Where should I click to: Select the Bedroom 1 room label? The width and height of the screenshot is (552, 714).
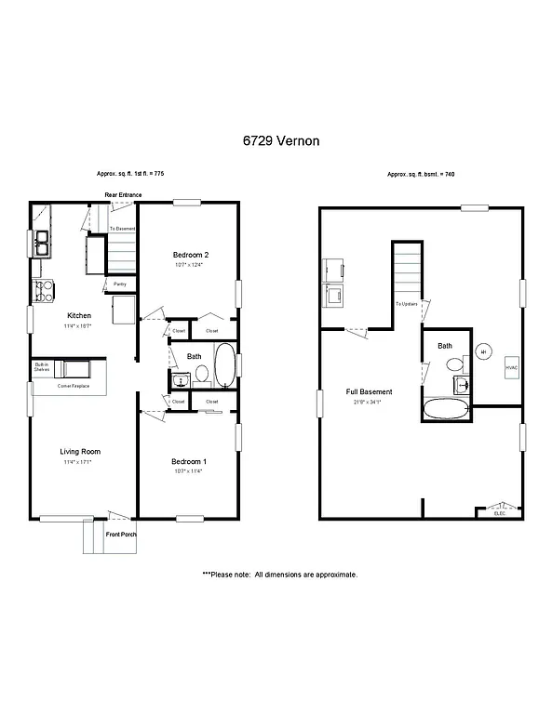(x=189, y=462)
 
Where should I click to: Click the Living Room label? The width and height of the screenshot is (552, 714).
(x=80, y=452)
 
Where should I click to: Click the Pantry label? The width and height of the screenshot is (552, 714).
(x=120, y=284)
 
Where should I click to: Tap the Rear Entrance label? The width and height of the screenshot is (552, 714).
(x=123, y=195)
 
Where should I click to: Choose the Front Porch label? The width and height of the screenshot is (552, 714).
(x=121, y=535)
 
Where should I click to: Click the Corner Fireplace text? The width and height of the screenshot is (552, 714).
(x=74, y=385)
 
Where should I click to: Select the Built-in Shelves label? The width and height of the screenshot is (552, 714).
(x=42, y=367)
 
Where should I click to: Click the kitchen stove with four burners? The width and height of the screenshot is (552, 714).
(x=44, y=289)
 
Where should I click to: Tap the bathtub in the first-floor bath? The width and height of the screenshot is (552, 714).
(x=225, y=366)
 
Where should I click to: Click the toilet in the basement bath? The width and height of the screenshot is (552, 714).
(x=459, y=384)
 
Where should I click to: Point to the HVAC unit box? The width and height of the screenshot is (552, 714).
(x=512, y=367)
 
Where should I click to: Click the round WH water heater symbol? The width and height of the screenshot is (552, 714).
(x=484, y=351)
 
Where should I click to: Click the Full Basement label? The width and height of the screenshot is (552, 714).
(x=370, y=392)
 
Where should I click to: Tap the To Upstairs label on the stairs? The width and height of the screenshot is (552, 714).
(x=405, y=304)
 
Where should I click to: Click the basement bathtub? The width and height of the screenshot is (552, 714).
(x=446, y=410)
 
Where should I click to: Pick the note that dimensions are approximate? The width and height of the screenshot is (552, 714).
(x=280, y=575)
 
